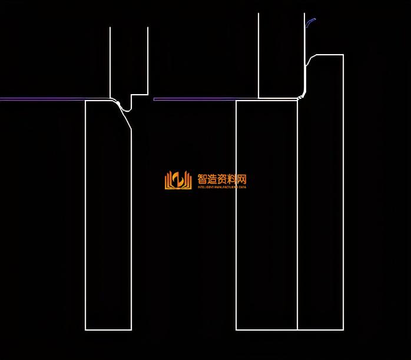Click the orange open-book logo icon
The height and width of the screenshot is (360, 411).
tap(178, 180)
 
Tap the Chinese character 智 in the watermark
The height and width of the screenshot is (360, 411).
tap(203, 179)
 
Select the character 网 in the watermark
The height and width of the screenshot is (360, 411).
tap(241, 179)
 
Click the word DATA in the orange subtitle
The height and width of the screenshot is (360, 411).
tap(243, 187)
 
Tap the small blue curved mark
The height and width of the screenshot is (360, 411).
tap(310, 22)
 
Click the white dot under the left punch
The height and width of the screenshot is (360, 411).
tap(118, 104)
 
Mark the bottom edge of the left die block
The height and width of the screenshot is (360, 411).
tap(108, 330)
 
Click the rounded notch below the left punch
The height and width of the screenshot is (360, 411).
tap(125, 110)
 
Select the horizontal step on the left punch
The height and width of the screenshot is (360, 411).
tap(140, 94)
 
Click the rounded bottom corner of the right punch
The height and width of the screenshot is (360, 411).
tap(302, 95)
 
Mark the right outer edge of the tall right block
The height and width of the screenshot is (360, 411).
tap(343, 194)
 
